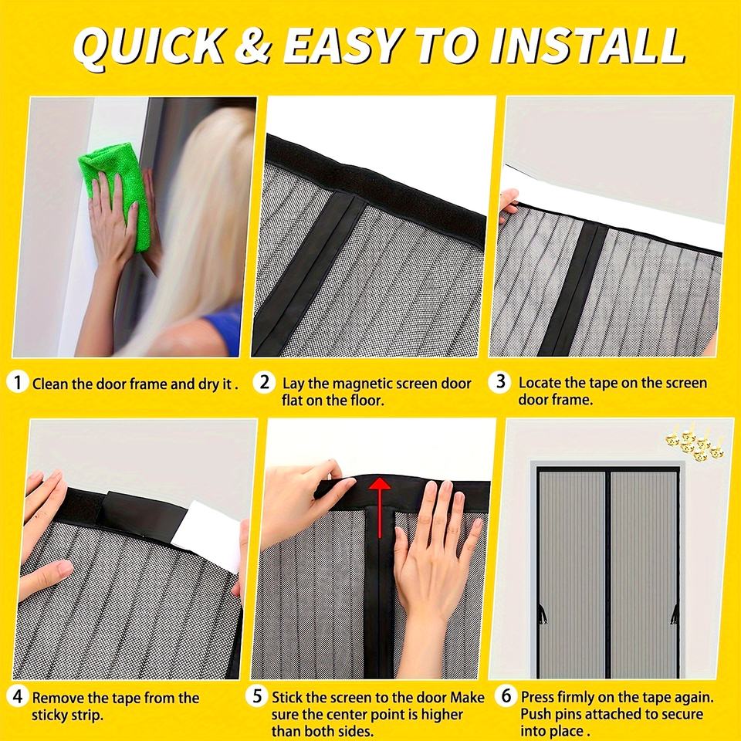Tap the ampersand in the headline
pos(254,46)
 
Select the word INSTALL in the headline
pos(587,46)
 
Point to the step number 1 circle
pos(18,382)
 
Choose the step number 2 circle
pos(264,382)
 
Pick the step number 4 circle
pos(18,696)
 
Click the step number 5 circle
pos(257,696)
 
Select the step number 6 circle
pos(506,696)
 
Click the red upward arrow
pos(380,506)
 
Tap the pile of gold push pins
pos(694,442)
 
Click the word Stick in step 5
pos(287,698)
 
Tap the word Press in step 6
pos(537,698)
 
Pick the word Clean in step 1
pos(50,384)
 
